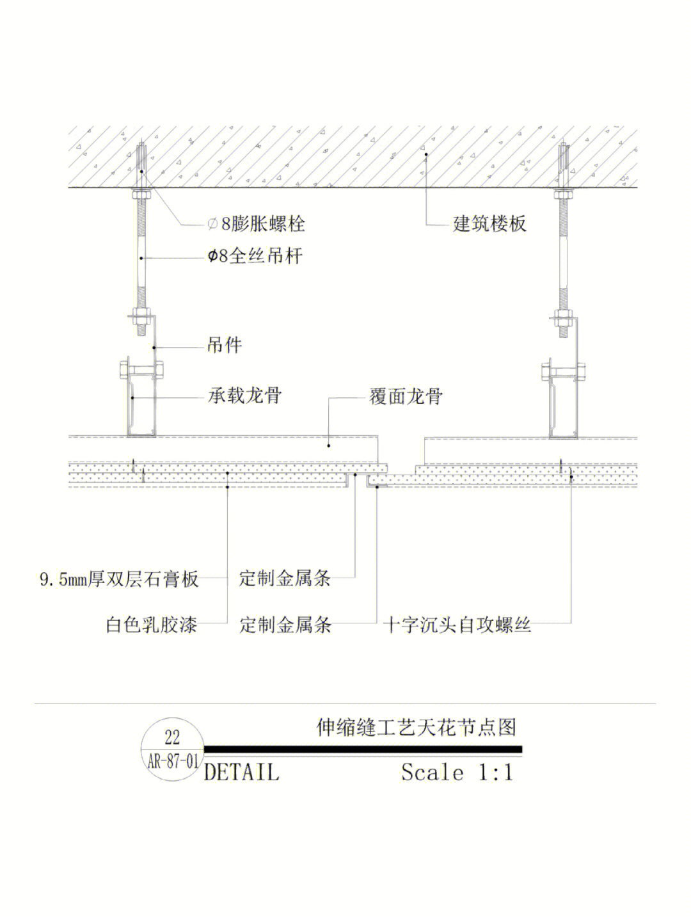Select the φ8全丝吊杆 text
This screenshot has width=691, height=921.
click(255, 257)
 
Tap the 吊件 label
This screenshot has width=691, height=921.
click(224, 346)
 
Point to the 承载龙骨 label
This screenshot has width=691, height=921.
click(244, 396)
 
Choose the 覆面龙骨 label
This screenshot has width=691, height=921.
click(406, 397)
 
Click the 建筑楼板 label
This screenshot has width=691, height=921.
click(489, 224)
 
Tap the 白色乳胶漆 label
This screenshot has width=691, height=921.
click(152, 625)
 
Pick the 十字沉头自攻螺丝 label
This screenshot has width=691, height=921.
click(457, 625)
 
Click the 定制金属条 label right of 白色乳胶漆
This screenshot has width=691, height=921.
click(285, 625)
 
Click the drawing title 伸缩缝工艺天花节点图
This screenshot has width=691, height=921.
click(417, 727)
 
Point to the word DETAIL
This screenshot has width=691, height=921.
click(241, 772)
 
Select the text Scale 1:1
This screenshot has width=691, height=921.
click(457, 772)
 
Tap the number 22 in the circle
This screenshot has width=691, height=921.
click(172, 738)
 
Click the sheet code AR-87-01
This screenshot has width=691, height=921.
click(172, 761)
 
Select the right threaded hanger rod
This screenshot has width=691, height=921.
click(563, 256)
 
